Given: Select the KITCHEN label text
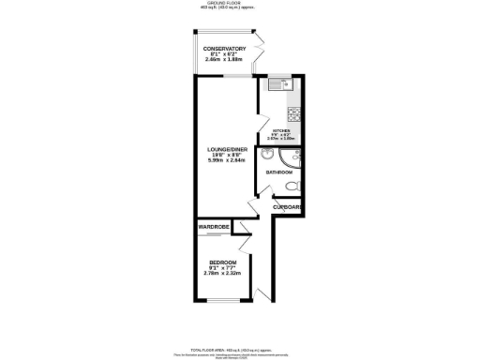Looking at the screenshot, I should pyautogui.click(x=281, y=131).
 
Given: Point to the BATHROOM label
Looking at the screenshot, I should pyautogui.click(x=279, y=173).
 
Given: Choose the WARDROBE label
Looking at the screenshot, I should pyautogui.click(x=214, y=228).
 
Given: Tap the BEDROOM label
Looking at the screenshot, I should pyautogui.click(x=222, y=262).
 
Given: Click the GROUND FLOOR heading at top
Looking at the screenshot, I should pyautogui.click(x=239, y=4).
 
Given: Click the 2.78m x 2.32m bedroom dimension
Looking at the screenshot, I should pyautogui.click(x=222, y=274).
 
